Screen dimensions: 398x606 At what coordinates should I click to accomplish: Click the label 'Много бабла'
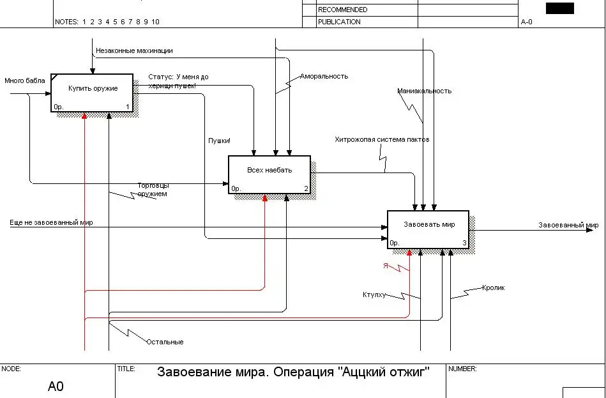(25, 81)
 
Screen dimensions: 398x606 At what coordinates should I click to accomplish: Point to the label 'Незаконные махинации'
(134, 50)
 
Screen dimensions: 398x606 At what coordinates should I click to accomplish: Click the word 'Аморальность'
(324, 76)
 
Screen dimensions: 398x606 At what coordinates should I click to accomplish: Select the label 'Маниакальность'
(424, 91)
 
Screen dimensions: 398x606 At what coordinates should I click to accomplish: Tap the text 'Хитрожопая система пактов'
(382, 139)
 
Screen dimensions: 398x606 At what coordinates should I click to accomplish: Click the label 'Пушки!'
(219, 141)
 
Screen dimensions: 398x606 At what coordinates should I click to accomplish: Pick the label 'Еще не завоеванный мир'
(51, 223)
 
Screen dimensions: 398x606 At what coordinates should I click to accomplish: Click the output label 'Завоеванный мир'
(568, 225)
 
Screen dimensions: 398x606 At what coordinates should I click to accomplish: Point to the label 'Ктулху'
(374, 295)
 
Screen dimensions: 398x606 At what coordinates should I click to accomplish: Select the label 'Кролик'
(494, 287)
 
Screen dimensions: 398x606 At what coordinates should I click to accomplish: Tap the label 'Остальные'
(165, 342)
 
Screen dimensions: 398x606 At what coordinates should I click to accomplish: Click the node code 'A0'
(56, 387)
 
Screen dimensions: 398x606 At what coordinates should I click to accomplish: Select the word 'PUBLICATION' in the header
(339, 22)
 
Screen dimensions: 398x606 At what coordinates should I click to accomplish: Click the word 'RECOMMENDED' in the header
(342, 10)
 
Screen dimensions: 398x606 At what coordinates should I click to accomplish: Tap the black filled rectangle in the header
(560, 8)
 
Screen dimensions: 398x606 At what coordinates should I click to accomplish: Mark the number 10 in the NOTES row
(155, 22)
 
